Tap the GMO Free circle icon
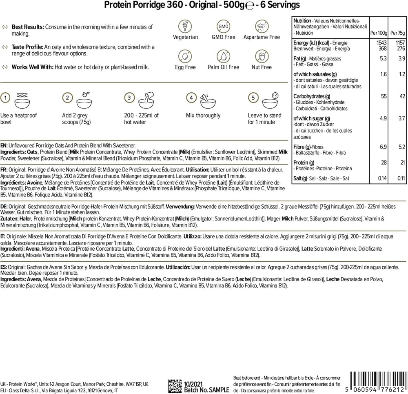point(222,26)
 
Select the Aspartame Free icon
point(261,26)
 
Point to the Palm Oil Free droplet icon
point(222,56)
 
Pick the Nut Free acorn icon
point(261,56)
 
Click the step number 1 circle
point(5,98)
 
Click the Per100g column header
point(377,33)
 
